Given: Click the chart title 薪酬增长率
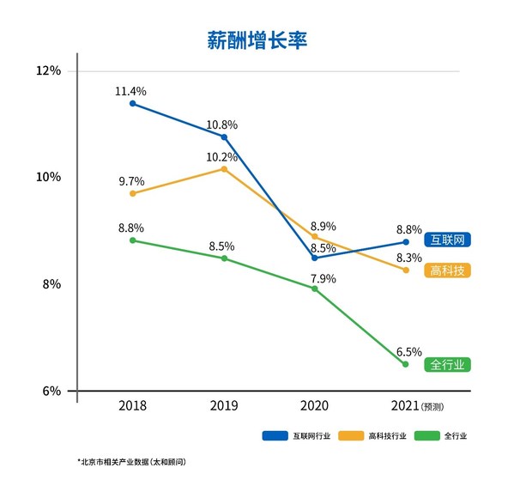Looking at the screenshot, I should click(x=257, y=40).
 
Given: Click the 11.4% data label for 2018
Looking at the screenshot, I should click(x=131, y=90).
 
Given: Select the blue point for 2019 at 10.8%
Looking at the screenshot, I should click(x=224, y=137).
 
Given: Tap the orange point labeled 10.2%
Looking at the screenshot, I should click(x=224, y=169).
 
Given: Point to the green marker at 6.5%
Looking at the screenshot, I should click(x=406, y=364).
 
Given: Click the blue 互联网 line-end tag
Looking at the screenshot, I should click(x=449, y=240).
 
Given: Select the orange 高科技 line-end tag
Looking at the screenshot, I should click(x=449, y=270).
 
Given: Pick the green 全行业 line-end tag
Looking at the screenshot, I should click(x=449, y=365).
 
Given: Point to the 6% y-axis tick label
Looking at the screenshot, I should click(x=51, y=391).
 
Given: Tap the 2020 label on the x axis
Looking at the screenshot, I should click(x=315, y=404).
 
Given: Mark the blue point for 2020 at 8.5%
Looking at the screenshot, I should click(x=315, y=258).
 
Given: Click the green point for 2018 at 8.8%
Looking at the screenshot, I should click(x=132, y=240).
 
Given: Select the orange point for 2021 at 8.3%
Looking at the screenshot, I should click(x=406, y=270).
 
